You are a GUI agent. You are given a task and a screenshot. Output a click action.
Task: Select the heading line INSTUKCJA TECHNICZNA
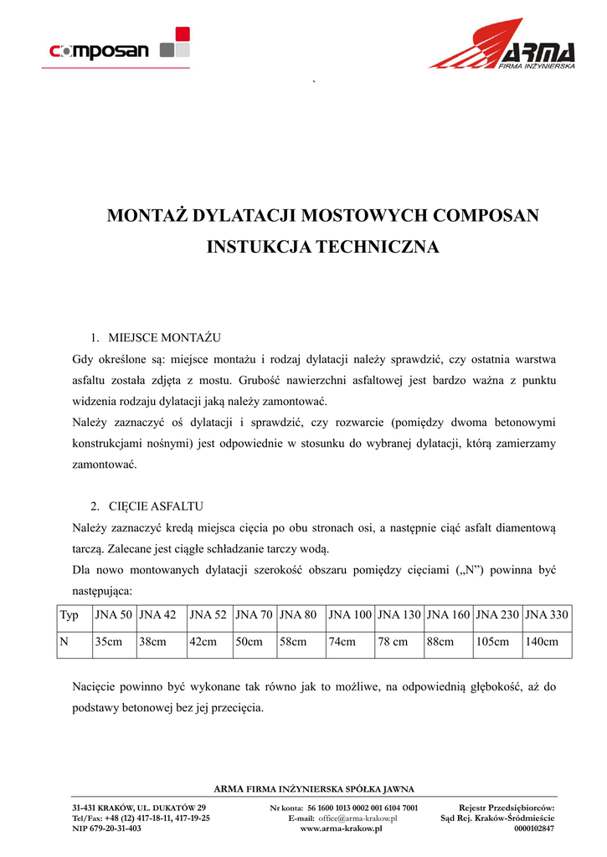(x=322, y=248)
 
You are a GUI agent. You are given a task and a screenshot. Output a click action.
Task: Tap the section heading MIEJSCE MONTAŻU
(x=163, y=337)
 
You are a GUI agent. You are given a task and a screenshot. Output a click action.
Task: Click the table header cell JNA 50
(x=114, y=615)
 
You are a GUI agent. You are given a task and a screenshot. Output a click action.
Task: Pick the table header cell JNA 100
(x=350, y=615)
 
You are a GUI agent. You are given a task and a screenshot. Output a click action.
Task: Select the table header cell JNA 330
(x=547, y=615)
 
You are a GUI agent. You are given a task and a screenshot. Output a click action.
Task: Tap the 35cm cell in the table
(x=109, y=642)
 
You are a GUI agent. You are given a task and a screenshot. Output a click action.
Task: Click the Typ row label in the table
(x=69, y=615)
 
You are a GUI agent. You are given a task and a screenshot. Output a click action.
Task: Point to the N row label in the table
(x=64, y=642)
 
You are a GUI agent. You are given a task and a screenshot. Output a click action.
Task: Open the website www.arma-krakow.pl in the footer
(x=341, y=828)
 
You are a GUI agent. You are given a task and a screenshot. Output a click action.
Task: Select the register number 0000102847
(x=534, y=828)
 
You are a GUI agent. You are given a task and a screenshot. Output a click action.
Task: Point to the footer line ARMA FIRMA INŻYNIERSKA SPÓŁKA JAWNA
(x=314, y=788)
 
